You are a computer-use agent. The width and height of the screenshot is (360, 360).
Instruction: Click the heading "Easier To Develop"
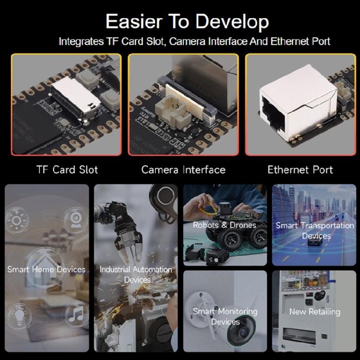pos(187,22)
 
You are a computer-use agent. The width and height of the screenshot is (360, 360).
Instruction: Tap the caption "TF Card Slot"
pos(67,169)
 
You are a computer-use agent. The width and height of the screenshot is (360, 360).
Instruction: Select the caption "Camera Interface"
pos(183,169)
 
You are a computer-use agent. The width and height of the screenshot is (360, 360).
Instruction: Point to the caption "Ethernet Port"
pos(300,169)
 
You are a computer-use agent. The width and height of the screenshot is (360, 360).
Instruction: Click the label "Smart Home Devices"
pos(46,269)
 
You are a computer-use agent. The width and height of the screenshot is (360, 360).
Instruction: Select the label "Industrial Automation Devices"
pos(135,274)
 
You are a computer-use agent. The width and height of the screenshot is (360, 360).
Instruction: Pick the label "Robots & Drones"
pos(225,225)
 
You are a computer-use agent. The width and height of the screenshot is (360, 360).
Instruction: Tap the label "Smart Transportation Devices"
pos(315,230)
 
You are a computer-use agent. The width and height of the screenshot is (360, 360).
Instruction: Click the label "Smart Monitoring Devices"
pos(225,316)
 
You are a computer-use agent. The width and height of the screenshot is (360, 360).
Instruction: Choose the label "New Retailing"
pos(315,312)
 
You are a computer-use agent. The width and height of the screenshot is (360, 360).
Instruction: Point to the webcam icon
pos(75,220)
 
